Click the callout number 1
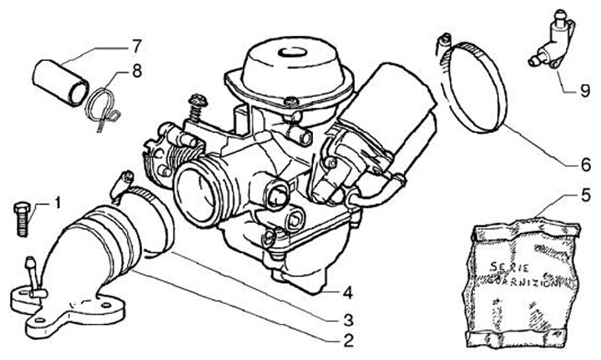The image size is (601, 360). [x=58, y=202]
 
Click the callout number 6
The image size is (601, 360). [x=587, y=165]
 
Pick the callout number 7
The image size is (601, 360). [x=136, y=43]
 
